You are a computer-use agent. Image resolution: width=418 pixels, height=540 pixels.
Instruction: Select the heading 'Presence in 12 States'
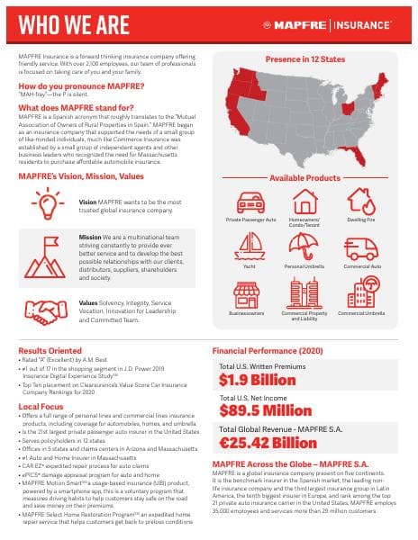[305, 58]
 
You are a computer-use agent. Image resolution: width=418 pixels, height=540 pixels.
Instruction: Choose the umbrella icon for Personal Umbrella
[304, 246]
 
